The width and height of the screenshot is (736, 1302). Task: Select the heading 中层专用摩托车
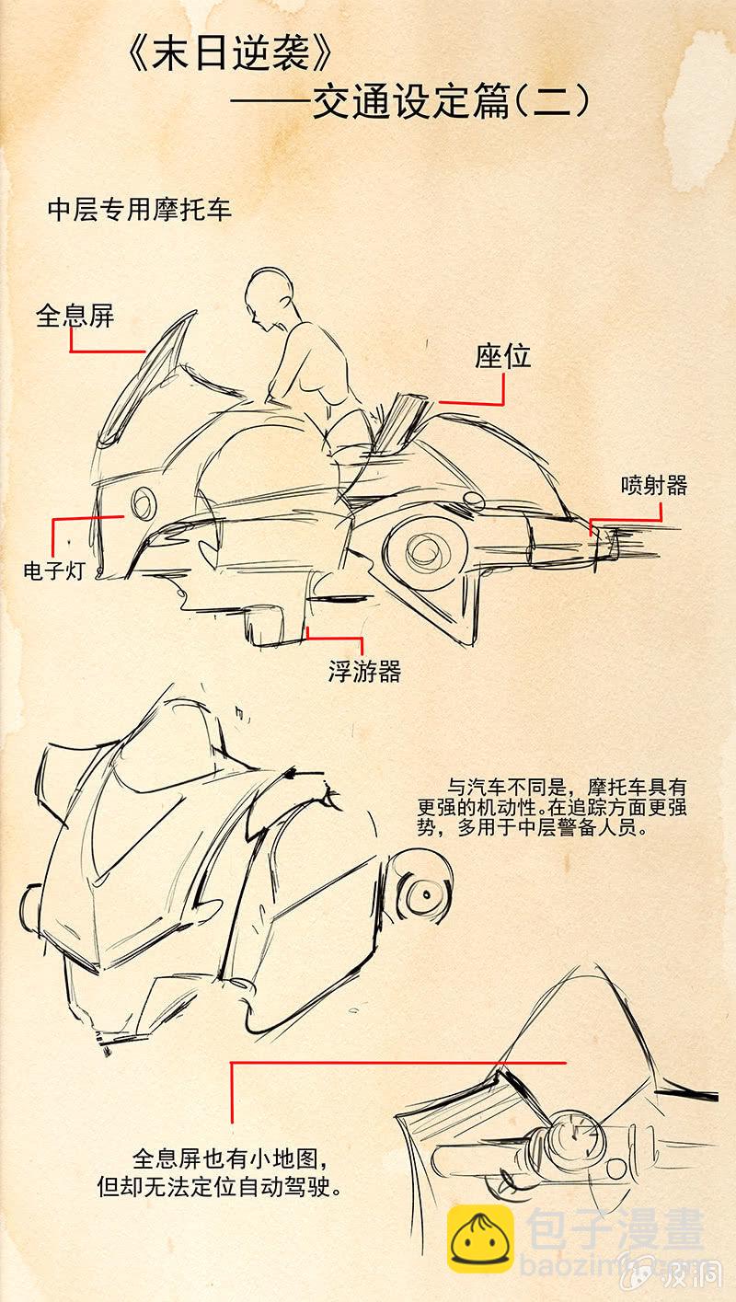140,209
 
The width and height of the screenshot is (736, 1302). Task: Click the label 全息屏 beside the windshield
75,316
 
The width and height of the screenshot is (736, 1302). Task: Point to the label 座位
503,356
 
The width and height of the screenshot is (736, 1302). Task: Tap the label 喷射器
654,485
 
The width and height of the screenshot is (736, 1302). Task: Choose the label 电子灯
54,570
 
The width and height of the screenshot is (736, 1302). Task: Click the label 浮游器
364,672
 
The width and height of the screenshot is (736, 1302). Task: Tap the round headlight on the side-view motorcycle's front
143,502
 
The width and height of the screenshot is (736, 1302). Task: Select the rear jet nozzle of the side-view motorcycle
604,544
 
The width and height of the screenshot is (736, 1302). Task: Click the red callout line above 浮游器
335,637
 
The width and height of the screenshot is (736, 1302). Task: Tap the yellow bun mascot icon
480,1239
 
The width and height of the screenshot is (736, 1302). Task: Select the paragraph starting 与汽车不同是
552,807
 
